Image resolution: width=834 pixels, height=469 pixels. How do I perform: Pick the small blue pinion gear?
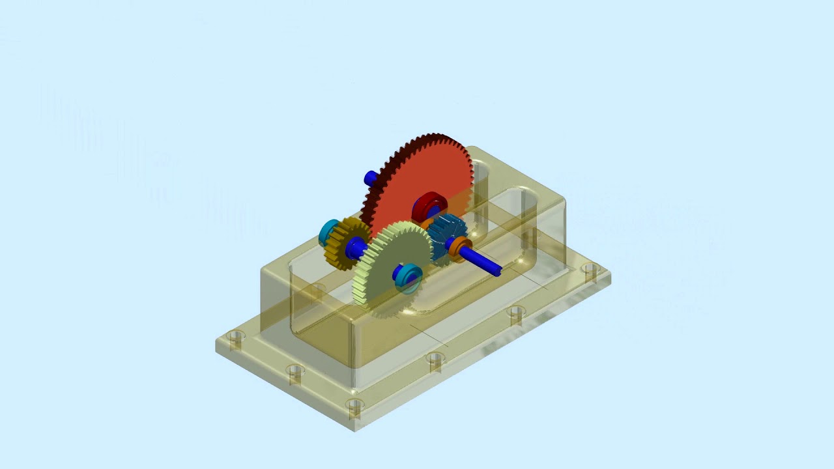(450, 231)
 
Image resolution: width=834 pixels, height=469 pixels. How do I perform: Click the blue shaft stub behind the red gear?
(371, 178)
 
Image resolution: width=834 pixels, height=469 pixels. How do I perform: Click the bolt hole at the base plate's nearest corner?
(355, 408)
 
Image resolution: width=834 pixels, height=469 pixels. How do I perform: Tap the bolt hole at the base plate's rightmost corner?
(590, 269)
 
